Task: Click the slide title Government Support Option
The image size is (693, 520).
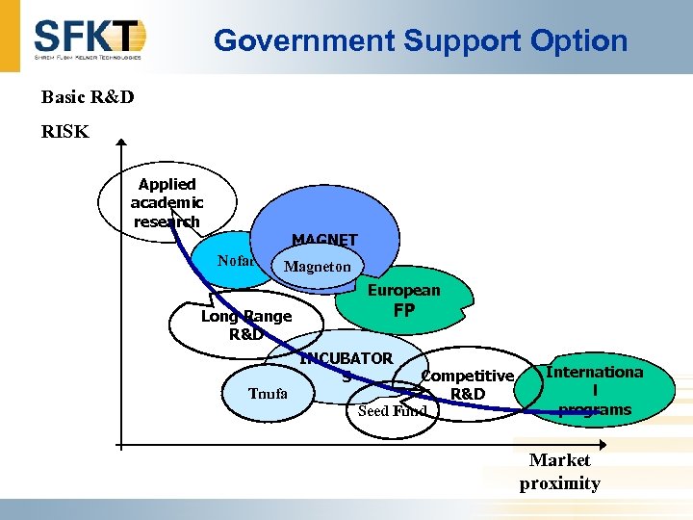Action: (x=420, y=40)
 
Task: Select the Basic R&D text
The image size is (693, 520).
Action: (x=88, y=97)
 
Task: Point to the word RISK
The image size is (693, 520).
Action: (x=64, y=132)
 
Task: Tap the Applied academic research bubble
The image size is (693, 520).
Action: (x=167, y=202)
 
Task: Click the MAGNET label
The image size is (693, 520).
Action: (x=324, y=240)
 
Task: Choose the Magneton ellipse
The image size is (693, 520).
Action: (x=318, y=267)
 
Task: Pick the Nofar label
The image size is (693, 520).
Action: (x=235, y=261)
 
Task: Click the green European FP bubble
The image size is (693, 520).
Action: (x=403, y=299)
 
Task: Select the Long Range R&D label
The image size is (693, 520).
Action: (x=245, y=325)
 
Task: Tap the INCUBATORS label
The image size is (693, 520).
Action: (x=346, y=366)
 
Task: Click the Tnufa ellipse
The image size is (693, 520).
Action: (x=268, y=394)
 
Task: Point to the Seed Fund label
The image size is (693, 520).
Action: (x=391, y=411)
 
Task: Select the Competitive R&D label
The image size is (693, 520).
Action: (x=468, y=384)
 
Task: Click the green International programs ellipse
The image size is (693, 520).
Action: (x=594, y=390)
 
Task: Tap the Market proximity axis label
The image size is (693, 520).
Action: (x=559, y=472)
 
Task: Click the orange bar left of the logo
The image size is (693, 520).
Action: (x=9, y=36)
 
